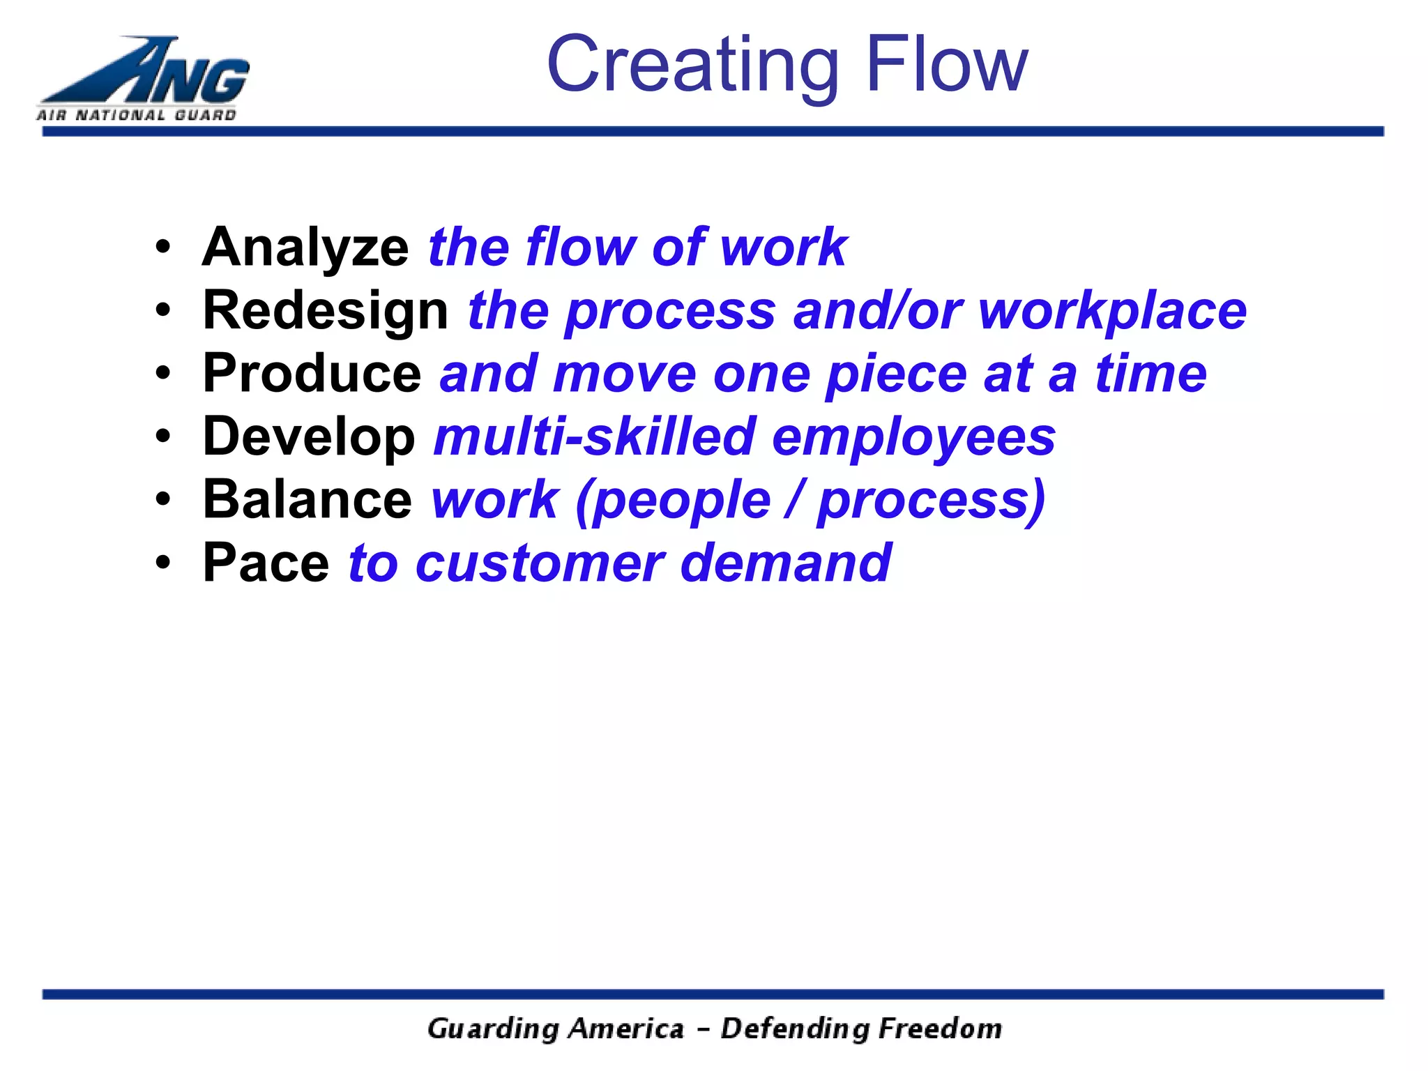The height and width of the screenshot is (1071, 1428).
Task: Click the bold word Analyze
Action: (x=305, y=248)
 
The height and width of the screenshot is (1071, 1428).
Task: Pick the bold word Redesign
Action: (x=325, y=311)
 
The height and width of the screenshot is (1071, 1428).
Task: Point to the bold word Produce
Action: (x=312, y=374)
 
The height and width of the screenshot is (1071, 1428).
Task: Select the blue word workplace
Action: (x=1112, y=311)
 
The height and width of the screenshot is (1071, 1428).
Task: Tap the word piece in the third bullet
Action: (x=895, y=374)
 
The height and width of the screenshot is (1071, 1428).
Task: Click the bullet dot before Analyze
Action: (x=162, y=247)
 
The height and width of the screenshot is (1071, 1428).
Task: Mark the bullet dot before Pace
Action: (x=162, y=563)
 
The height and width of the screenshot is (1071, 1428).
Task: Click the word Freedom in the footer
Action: (x=939, y=1028)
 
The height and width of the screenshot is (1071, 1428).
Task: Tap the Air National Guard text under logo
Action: (x=137, y=115)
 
